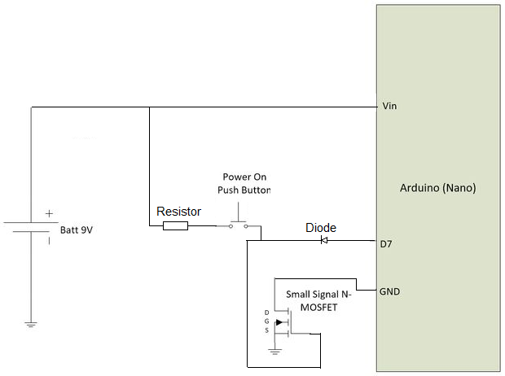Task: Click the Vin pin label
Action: click(389, 107)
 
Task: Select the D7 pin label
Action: click(388, 243)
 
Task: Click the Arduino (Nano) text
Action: click(437, 187)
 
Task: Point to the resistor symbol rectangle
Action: click(175, 225)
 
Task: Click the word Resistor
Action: click(178, 211)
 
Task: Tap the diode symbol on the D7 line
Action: click(323, 240)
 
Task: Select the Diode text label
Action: click(320, 228)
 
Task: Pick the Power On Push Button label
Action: click(244, 183)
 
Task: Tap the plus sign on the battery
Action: click(49, 213)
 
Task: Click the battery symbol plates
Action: click(31, 226)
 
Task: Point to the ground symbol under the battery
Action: click(31, 324)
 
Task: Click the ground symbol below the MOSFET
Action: click(274, 352)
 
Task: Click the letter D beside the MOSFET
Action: click(266, 313)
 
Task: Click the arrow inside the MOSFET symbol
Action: click(280, 322)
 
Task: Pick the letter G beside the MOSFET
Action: click(266, 322)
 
